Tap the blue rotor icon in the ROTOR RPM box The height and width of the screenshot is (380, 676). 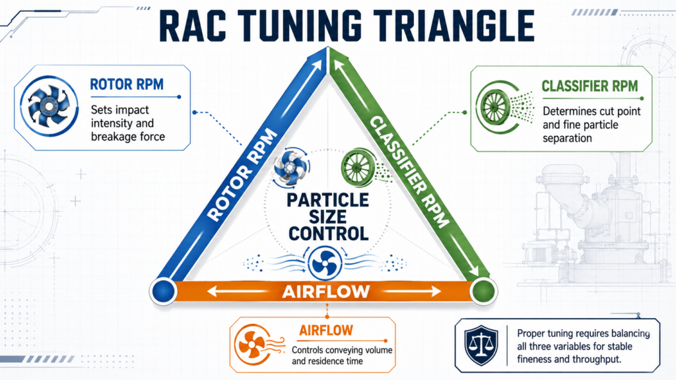pyautogui.click(x=49, y=106)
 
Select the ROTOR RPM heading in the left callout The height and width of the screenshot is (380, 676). pyautogui.click(x=127, y=84)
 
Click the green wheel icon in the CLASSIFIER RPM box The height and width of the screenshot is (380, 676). pyautogui.click(x=496, y=107)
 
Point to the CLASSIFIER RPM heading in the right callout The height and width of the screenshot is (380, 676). pyautogui.click(x=590, y=86)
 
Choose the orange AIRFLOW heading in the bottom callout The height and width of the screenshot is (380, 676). pyautogui.click(x=326, y=331)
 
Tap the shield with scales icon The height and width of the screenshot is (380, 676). pyautogui.click(x=481, y=346)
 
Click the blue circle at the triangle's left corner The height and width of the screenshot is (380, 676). pyautogui.click(x=164, y=291)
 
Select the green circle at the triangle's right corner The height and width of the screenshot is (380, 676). pyautogui.click(x=484, y=291)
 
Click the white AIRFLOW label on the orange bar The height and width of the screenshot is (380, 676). pyautogui.click(x=326, y=292)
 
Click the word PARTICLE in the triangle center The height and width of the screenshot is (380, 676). pyautogui.click(x=327, y=201)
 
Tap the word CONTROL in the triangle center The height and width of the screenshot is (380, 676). pyautogui.click(x=329, y=234)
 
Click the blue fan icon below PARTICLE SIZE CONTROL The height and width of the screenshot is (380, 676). pyautogui.click(x=325, y=263)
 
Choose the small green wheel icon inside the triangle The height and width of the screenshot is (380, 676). pyautogui.click(x=358, y=168)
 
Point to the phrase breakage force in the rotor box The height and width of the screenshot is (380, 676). pyautogui.click(x=128, y=137)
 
